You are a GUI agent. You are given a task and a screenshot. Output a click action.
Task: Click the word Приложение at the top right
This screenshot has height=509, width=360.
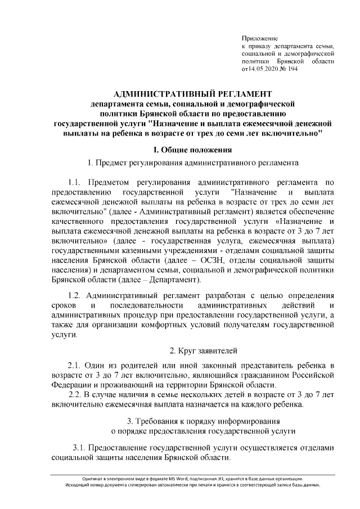(259, 37)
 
